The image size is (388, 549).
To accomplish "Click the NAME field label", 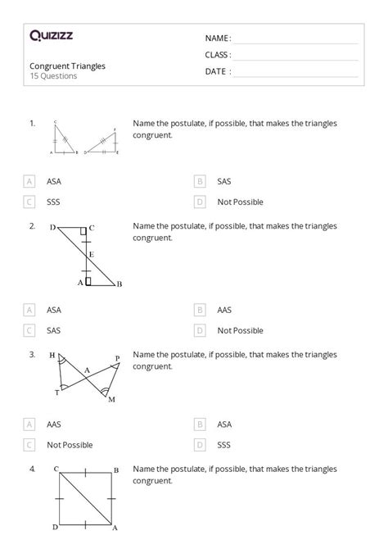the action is pos(218,39).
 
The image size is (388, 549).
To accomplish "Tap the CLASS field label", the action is pos(218,55).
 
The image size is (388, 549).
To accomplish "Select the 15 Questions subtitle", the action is pos(53,76).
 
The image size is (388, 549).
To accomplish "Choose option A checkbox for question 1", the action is pos(30,181).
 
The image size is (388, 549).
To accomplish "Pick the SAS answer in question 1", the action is pos(224,181).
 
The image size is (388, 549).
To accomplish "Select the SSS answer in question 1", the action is pos(54,202).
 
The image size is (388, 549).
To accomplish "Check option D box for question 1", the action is pos(200,202).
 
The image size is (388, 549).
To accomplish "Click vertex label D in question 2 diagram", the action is pos(52,228).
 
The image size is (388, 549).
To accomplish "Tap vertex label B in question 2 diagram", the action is pos(120,284).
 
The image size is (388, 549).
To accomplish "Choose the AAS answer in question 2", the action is pos(224,311).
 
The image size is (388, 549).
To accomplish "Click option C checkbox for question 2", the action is pos(30,331).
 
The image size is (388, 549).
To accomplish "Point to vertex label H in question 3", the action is pos(52,356).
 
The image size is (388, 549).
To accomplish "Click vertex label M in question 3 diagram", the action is pos(111,399).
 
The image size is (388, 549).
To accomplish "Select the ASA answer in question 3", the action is pos(224,424).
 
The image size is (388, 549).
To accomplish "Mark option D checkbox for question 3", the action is pos(200,445).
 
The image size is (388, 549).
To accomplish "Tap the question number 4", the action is pos(32,469).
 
